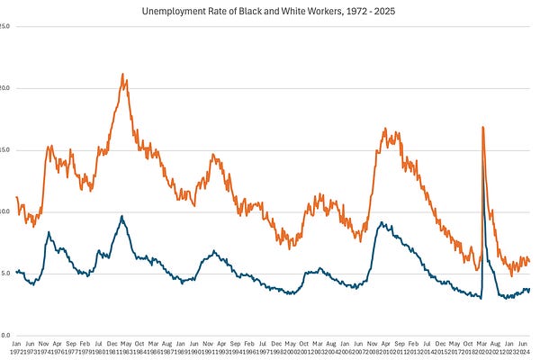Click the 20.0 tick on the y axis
click(x=5, y=88)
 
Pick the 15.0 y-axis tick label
click(x=5, y=149)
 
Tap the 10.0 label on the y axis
click(x=5, y=211)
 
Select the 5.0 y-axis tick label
click(x=5, y=273)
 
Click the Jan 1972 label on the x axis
click(x=16, y=347)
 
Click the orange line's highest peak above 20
click(x=122, y=75)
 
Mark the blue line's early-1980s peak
click(x=121, y=216)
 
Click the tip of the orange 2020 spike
click(x=483, y=127)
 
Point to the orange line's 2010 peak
click(x=385, y=130)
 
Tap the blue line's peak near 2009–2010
click(x=382, y=222)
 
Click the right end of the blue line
click(x=529, y=289)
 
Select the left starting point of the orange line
click(x=17, y=196)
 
